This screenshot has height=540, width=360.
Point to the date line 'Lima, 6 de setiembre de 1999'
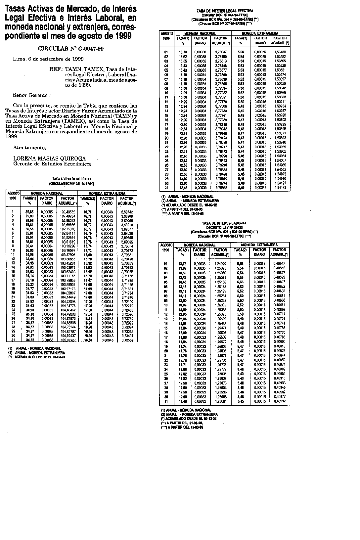[x=48, y=59]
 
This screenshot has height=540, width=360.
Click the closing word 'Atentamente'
[x=29, y=147]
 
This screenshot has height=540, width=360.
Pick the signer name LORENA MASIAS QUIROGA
[x=49, y=158]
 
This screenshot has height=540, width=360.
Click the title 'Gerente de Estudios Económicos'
[x=52, y=163]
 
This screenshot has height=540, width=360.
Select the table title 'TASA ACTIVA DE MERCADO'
[x=72, y=179]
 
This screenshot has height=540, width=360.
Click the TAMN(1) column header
[x=29, y=199]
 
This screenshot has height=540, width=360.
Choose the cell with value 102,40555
[x=67, y=212]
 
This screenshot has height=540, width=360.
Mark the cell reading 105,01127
[x=67, y=340]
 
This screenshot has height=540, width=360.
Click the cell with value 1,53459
[x=280, y=52]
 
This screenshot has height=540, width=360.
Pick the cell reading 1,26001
[x=220, y=401]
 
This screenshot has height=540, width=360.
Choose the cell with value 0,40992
[x=280, y=401]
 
